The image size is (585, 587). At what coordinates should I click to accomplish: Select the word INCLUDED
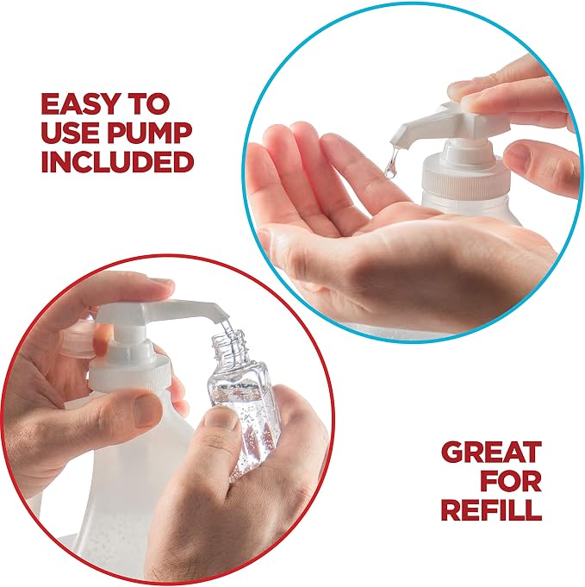(x=117, y=161)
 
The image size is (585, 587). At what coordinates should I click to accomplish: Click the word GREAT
(x=491, y=452)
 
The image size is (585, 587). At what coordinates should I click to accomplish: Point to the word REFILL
(x=491, y=509)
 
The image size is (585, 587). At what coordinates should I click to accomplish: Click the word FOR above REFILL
(x=511, y=481)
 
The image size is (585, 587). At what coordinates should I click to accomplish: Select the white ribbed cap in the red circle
(x=128, y=371)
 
